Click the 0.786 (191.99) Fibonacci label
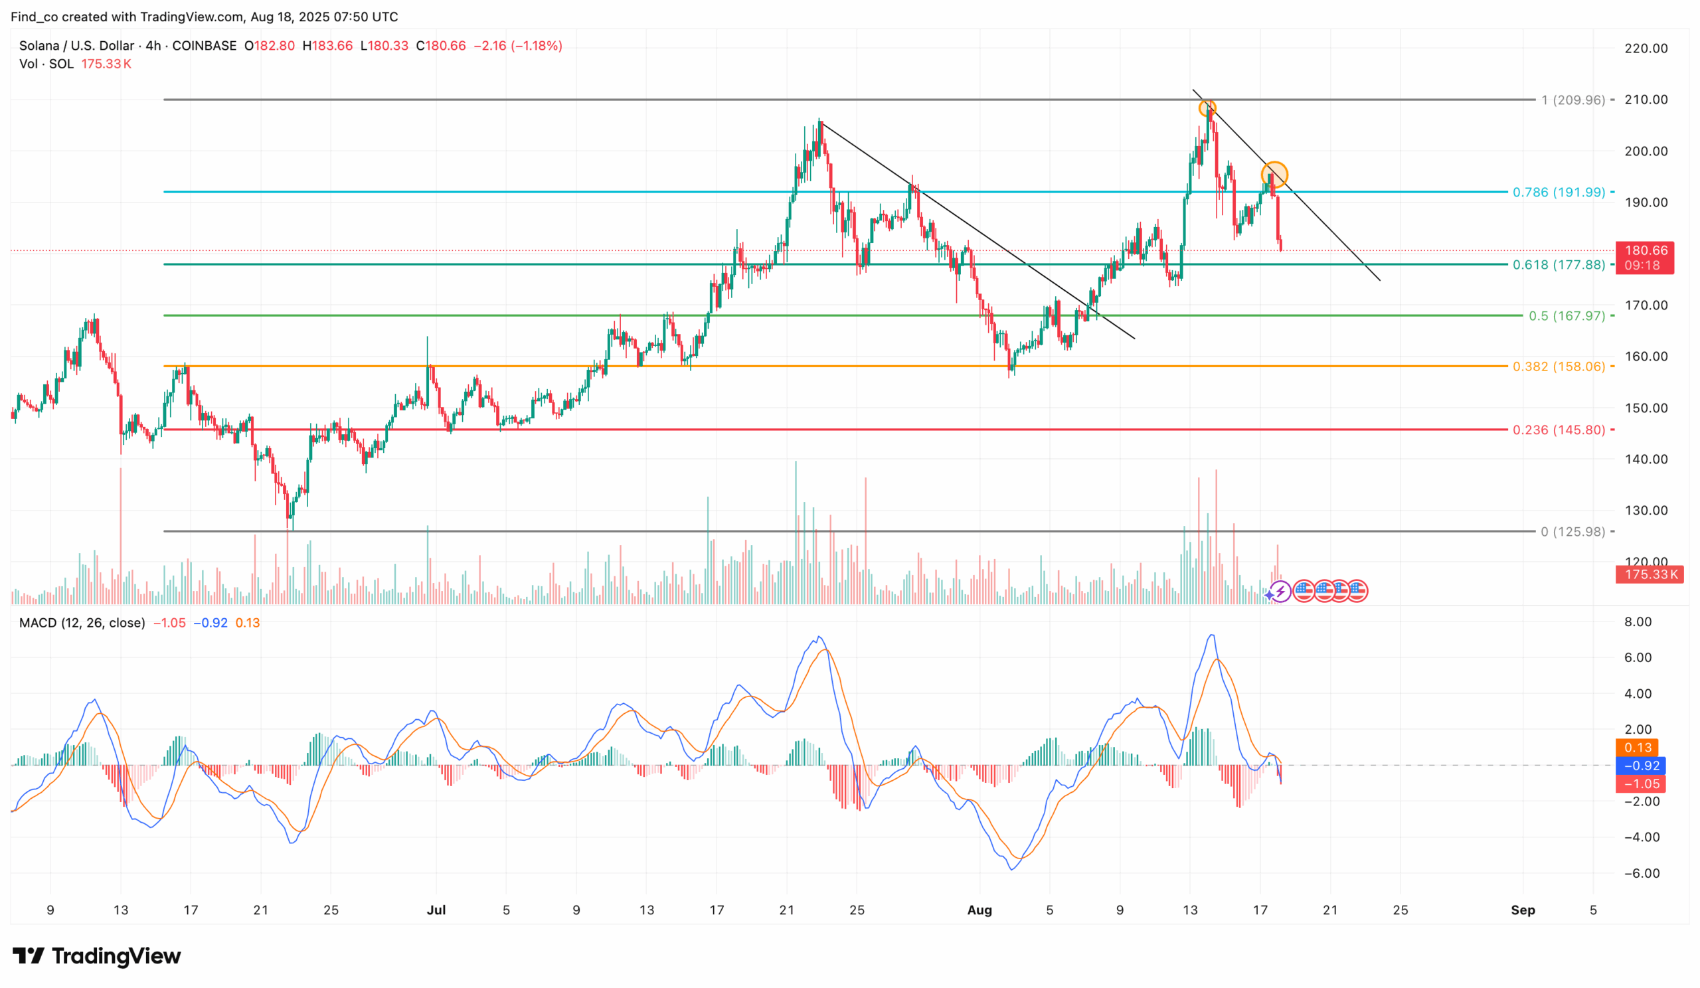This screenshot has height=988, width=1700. coord(1559,192)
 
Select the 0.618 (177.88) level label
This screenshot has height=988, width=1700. coord(1559,265)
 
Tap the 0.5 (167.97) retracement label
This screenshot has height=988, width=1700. coord(1567,315)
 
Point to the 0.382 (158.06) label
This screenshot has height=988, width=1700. coord(1559,367)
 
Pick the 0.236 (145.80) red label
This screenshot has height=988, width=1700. coord(1559,430)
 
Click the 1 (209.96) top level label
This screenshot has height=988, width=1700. coord(1573,100)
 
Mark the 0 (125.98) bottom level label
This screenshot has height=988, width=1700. coord(1572,531)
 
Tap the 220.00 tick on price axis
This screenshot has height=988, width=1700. coord(1646,48)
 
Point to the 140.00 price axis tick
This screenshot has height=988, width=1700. coord(1646,459)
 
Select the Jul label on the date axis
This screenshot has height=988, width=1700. coord(436,910)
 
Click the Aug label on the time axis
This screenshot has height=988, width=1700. coord(979,910)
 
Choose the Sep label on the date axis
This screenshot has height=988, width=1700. coord(1523,910)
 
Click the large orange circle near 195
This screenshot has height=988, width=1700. coord(1274,175)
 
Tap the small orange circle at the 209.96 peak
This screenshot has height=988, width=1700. coord(1207,108)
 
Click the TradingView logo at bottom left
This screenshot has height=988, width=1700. coord(97,955)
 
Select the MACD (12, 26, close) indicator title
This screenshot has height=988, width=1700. coord(82,622)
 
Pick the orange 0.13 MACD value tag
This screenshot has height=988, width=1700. coord(1638,747)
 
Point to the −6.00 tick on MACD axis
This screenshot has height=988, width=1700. coord(1642,873)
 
